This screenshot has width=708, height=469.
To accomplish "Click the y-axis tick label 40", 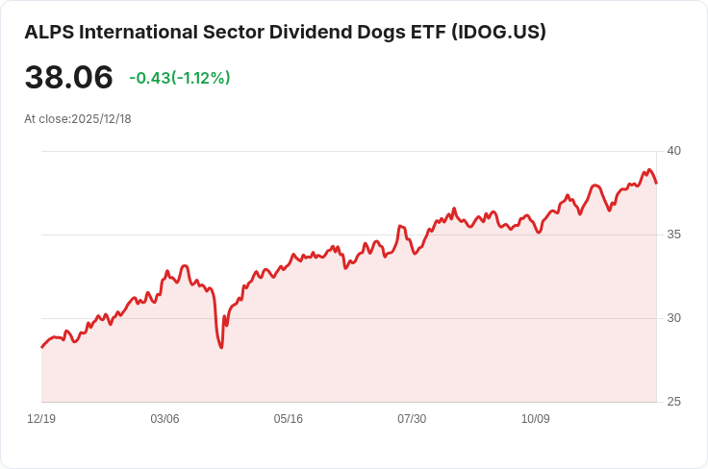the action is coord(673,151).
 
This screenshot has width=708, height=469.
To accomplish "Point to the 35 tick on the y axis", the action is coord(673,234).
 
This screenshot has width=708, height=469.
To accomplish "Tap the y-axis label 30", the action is coord(673,318).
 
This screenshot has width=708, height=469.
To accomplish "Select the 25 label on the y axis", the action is coord(673,402).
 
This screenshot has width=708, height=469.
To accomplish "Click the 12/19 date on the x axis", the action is coord(41,419).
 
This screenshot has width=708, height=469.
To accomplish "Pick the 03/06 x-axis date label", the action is coord(164,419).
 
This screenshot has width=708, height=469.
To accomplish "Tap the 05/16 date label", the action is coord(288,419).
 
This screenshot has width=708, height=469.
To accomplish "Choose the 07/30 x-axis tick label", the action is coord(412,419).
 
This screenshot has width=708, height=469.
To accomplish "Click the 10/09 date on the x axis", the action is coord(536,419).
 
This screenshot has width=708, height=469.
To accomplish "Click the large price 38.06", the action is coord(68,77).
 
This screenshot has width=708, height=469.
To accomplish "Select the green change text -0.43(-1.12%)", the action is coord(180,78).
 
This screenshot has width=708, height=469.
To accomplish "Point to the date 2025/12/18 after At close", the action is coord(101,119).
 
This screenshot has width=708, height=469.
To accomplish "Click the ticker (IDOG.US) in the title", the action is coord(498,33).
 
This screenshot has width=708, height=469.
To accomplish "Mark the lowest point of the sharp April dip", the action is coord(221,348).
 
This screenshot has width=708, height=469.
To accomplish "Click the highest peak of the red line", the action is coord(649,169).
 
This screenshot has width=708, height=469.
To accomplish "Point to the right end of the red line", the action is coord(656,183).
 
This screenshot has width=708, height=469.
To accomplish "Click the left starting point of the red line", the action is coord(42,347).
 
